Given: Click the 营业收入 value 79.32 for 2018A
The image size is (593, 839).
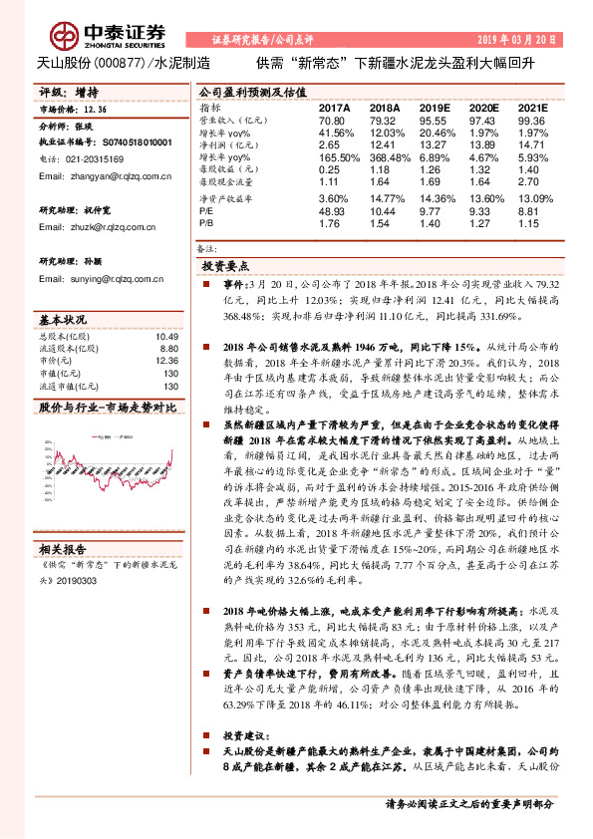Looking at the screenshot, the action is [x=384, y=119].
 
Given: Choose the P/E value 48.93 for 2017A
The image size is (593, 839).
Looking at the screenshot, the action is [x=332, y=212].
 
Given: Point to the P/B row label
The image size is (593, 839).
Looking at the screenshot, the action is [x=206, y=225].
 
